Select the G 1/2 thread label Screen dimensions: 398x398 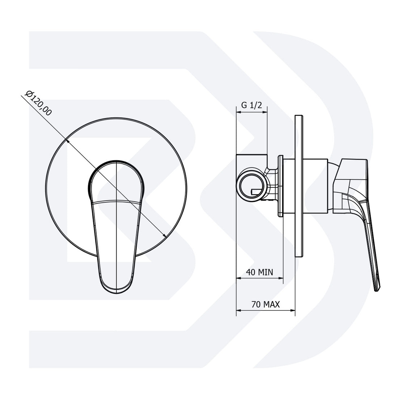251,106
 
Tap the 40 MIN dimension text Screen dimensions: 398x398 259,272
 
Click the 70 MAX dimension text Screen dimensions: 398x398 265,304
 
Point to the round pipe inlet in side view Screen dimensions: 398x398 252,185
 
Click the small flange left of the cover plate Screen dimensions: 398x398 280,186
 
